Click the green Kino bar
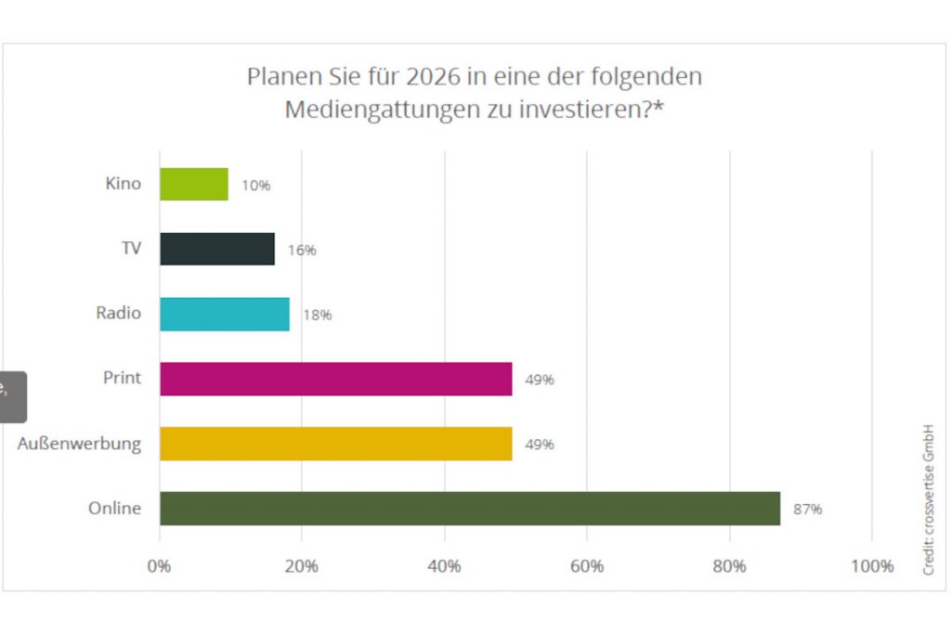(x=193, y=184)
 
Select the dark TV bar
(x=216, y=249)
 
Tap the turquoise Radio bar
(x=224, y=314)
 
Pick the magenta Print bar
(x=335, y=379)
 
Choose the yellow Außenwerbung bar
(x=335, y=444)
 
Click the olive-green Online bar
(x=469, y=509)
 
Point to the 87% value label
(x=807, y=510)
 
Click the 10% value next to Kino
(x=255, y=186)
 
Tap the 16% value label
(x=302, y=251)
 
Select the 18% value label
(x=317, y=316)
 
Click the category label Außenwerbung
(x=79, y=444)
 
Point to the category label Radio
(x=118, y=313)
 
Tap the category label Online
(x=114, y=509)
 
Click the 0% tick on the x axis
(x=160, y=565)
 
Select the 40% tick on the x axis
(x=445, y=565)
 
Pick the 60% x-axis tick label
(x=587, y=565)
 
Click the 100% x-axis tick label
(x=871, y=565)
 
